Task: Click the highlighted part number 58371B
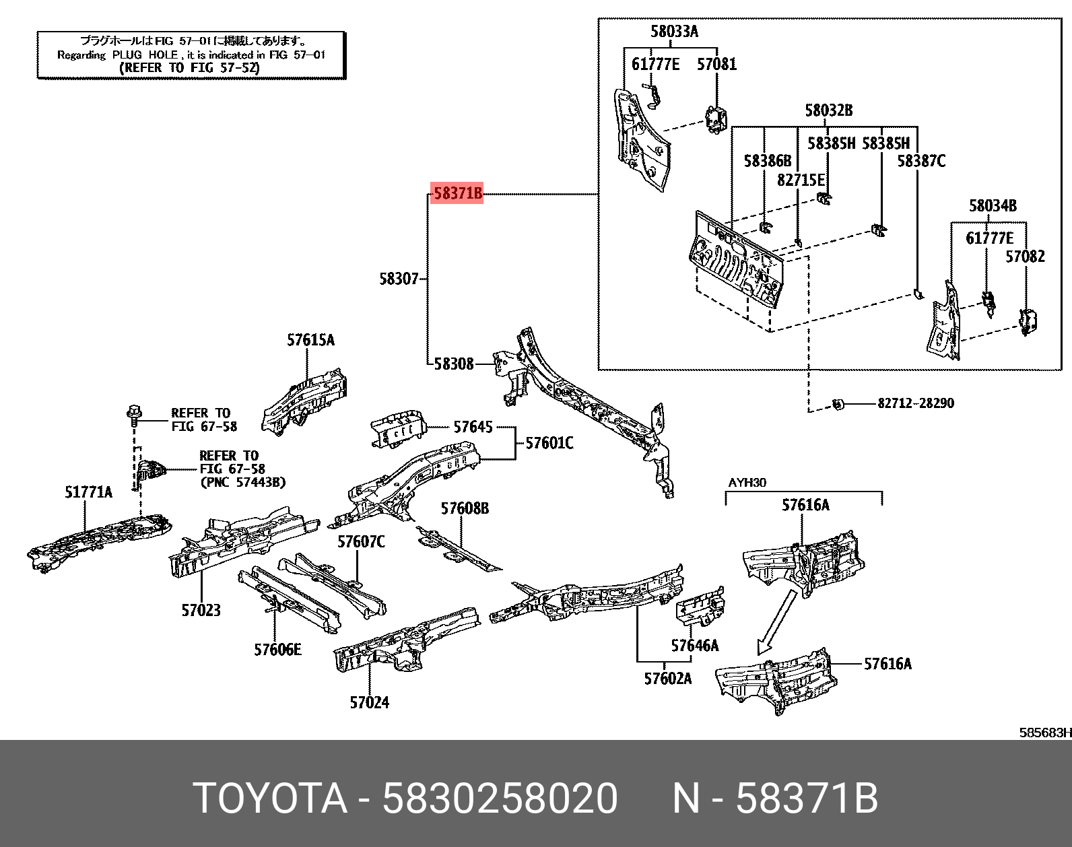coord(457,194)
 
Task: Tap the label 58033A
coord(674,31)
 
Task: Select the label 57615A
coord(310,340)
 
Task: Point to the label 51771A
coord(88,492)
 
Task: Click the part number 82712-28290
coord(915,403)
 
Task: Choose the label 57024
coord(369,702)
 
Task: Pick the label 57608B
coord(465,508)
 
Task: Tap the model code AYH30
coord(747,483)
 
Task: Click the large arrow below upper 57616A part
coord(775,622)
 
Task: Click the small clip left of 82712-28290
coord(838,404)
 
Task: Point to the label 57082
coord(1025,257)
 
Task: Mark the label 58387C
coord(921,161)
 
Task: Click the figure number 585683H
coord(1044,733)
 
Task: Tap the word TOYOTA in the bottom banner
coord(270,799)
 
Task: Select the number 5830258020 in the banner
coord(500,799)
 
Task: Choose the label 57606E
coord(277,650)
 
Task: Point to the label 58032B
coord(828,110)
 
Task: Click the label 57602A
coord(667,679)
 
